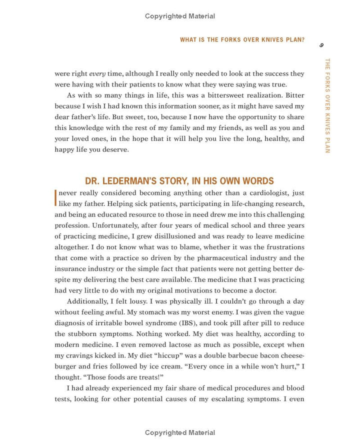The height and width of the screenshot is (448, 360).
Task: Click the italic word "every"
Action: [x=97, y=73]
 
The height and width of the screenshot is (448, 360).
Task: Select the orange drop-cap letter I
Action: [x=55, y=197]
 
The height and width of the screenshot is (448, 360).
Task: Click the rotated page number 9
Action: [x=321, y=45]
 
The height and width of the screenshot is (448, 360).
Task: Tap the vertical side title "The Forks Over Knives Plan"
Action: [x=327, y=105]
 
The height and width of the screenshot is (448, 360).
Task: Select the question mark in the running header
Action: [x=302, y=40]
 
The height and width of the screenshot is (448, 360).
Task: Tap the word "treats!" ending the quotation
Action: [x=149, y=377]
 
